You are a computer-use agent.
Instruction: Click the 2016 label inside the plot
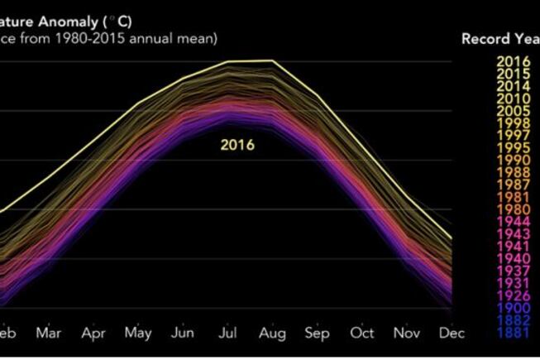coord(237,145)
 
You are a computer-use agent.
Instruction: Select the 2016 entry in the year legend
coord(514,60)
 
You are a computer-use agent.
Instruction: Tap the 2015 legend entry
coord(514,73)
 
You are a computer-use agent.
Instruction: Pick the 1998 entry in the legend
coord(514,123)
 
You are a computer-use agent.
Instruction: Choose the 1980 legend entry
coord(514,209)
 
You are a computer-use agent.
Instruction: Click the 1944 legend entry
coord(514,222)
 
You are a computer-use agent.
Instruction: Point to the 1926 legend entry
coord(514,295)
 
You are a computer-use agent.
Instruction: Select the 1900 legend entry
coord(514,308)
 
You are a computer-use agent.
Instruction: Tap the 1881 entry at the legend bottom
coord(514,333)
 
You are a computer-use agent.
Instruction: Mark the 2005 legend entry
coord(514,111)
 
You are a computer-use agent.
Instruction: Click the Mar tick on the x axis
coord(49,333)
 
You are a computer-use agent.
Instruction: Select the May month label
coord(138,333)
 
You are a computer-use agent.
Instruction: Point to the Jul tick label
coord(227,333)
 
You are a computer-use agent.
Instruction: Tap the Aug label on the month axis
coord(272,333)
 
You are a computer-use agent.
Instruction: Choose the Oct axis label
coord(362,333)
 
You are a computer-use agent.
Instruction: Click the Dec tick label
coord(452,333)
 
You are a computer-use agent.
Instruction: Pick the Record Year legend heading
coord(499,39)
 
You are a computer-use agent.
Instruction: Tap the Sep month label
coord(318,333)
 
